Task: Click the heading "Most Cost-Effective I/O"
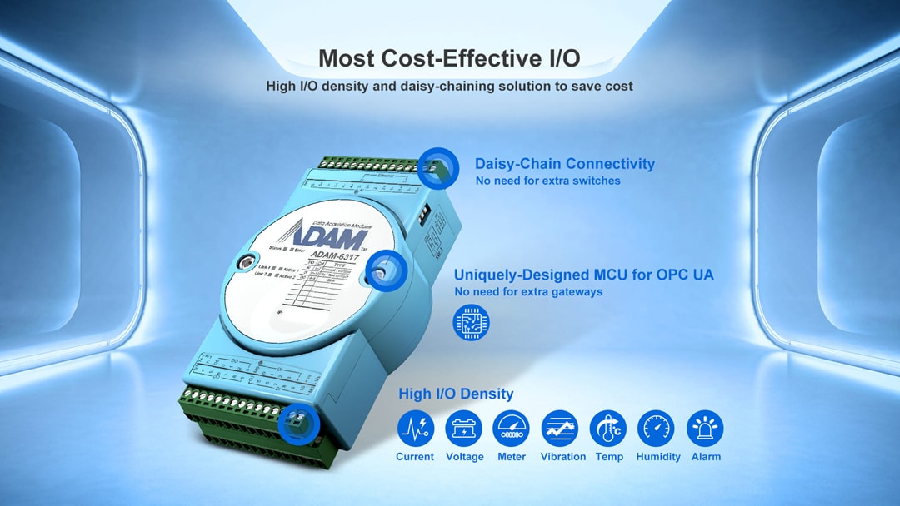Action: (x=449, y=58)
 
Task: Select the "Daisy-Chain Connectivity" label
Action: (x=564, y=164)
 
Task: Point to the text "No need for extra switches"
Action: (x=547, y=181)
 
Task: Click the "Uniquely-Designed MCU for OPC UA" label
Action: (x=583, y=275)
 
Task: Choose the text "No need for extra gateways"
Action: (x=528, y=292)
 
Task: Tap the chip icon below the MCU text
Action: (x=472, y=324)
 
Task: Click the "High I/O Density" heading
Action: (x=456, y=394)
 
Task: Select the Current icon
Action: (x=415, y=429)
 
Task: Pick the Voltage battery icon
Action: (x=464, y=429)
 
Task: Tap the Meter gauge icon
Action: (x=512, y=429)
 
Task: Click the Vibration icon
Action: (x=560, y=429)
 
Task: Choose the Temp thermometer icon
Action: (x=608, y=429)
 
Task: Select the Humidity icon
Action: (x=657, y=429)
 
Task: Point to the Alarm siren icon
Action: (x=705, y=429)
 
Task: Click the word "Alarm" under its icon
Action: (x=706, y=457)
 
